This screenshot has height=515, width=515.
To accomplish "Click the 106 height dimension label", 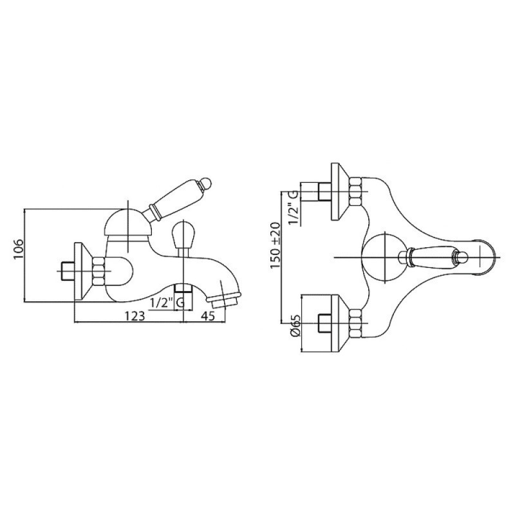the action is pyautogui.click(x=19, y=250).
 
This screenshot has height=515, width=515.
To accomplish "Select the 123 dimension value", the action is pyautogui.click(x=135, y=316).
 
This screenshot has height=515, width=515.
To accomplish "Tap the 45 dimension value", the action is pyautogui.click(x=207, y=316).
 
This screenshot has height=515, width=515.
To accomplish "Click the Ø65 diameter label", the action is pyautogui.click(x=295, y=326).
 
